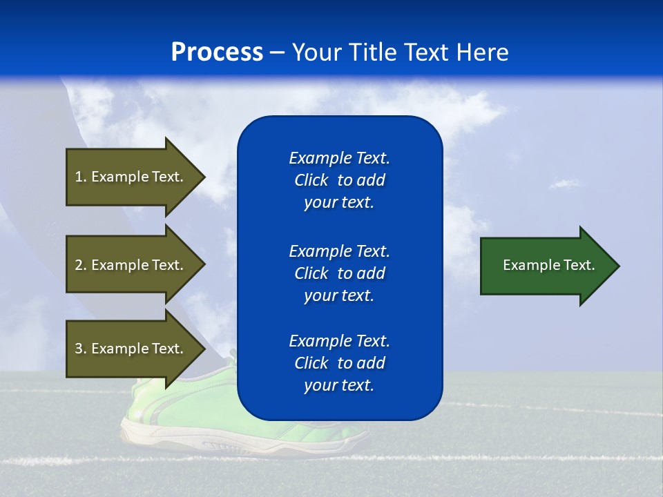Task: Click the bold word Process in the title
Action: [217, 52]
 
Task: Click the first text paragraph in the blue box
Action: [339, 180]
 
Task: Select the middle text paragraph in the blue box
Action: [339, 273]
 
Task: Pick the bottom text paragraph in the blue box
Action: [339, 363]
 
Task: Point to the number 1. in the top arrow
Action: [81, 177]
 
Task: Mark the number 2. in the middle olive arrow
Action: [81, 265]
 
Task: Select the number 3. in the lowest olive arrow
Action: [81, 349]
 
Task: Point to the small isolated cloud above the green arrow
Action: [564, 184]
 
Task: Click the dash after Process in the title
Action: [277, 52]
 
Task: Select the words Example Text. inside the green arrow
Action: [549, 265]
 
